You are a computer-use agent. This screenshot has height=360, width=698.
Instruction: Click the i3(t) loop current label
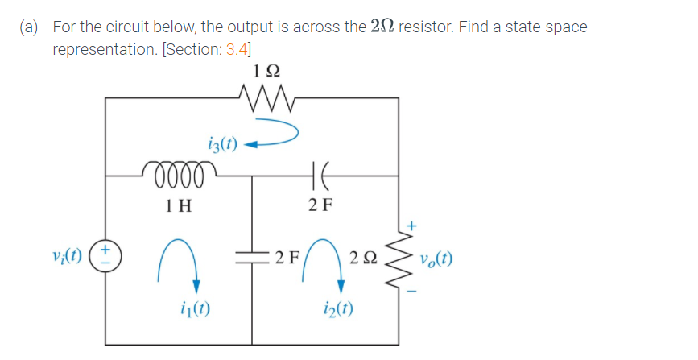click(x=221, y=145)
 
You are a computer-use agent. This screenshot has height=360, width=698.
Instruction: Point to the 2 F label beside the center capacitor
click(x=286, y=259)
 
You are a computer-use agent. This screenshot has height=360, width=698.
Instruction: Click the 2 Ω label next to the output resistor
click(x=363, y=259)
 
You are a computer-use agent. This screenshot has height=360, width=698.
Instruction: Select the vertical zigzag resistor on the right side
click(x=398, y=258)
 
